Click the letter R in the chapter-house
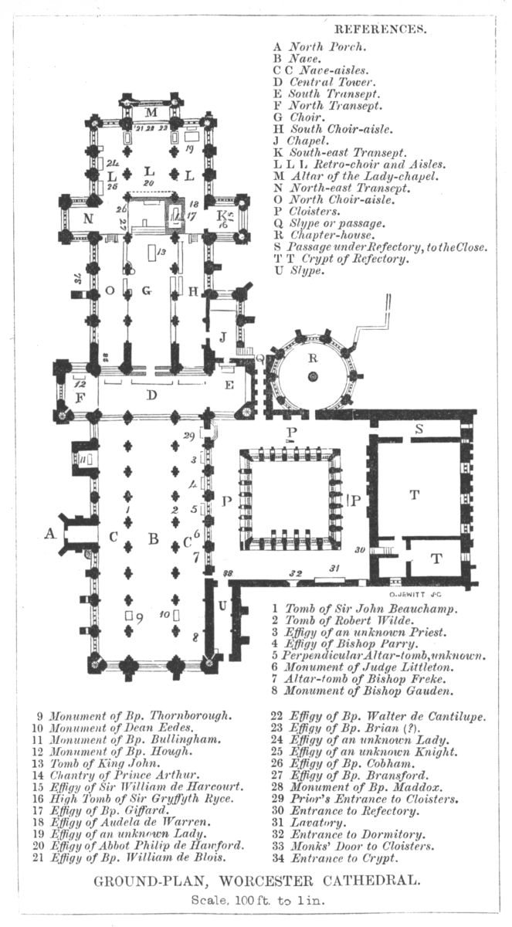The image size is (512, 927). tap(313, 358)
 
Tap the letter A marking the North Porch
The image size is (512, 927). tap(51, 533)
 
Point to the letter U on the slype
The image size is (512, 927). tap(222, 606)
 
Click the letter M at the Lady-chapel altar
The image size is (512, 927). tap(151, 113)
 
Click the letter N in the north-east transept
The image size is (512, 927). tap(88, 217)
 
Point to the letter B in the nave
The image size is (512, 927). tap(152, 538)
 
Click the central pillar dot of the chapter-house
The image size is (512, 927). tap(313, 376)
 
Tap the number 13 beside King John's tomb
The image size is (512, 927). tap(161, 253)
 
